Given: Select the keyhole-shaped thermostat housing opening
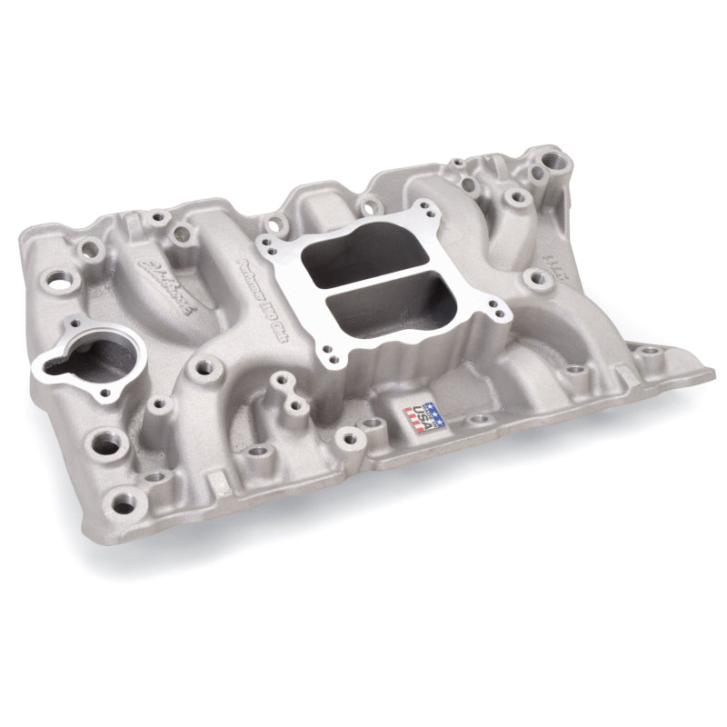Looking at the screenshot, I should (x=83, y=357).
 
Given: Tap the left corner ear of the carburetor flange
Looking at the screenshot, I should (x=264, y=244).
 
